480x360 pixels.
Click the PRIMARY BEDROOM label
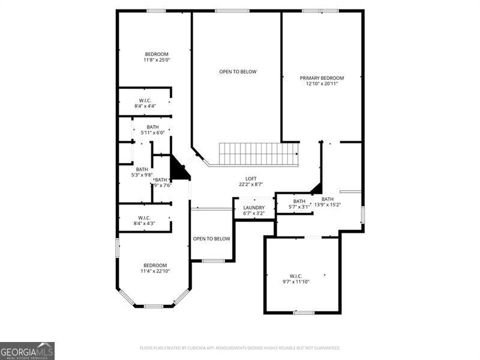click(322, 78)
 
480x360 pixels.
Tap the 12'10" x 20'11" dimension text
click(322, 84)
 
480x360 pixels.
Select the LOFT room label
click(251, 179)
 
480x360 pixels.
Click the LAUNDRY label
click(254, 208)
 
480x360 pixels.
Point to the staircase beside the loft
click(258, 154)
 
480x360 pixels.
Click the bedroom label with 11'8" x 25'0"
click(157, 54)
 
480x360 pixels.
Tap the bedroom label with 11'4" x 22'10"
click(155, 265)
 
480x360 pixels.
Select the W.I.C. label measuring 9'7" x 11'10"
click(295, 276)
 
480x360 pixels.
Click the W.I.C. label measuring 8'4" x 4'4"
click(145, 100)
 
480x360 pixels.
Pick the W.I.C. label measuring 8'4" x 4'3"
click(145, 218)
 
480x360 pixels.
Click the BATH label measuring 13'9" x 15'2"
click(328, 199)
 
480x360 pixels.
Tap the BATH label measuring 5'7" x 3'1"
click(299, 201)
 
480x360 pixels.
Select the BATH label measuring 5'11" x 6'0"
click(152, 127)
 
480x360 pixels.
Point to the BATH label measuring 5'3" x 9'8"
click(142, 169)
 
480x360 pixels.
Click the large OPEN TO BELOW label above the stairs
click(238, 72)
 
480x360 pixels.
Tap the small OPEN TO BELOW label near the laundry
click(211, 239)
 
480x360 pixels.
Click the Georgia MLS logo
click(27, 350)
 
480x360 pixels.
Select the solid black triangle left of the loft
click(178, 170)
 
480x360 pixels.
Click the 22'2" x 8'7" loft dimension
click(251, 185)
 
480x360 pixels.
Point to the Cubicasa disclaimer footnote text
click(240, 348)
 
